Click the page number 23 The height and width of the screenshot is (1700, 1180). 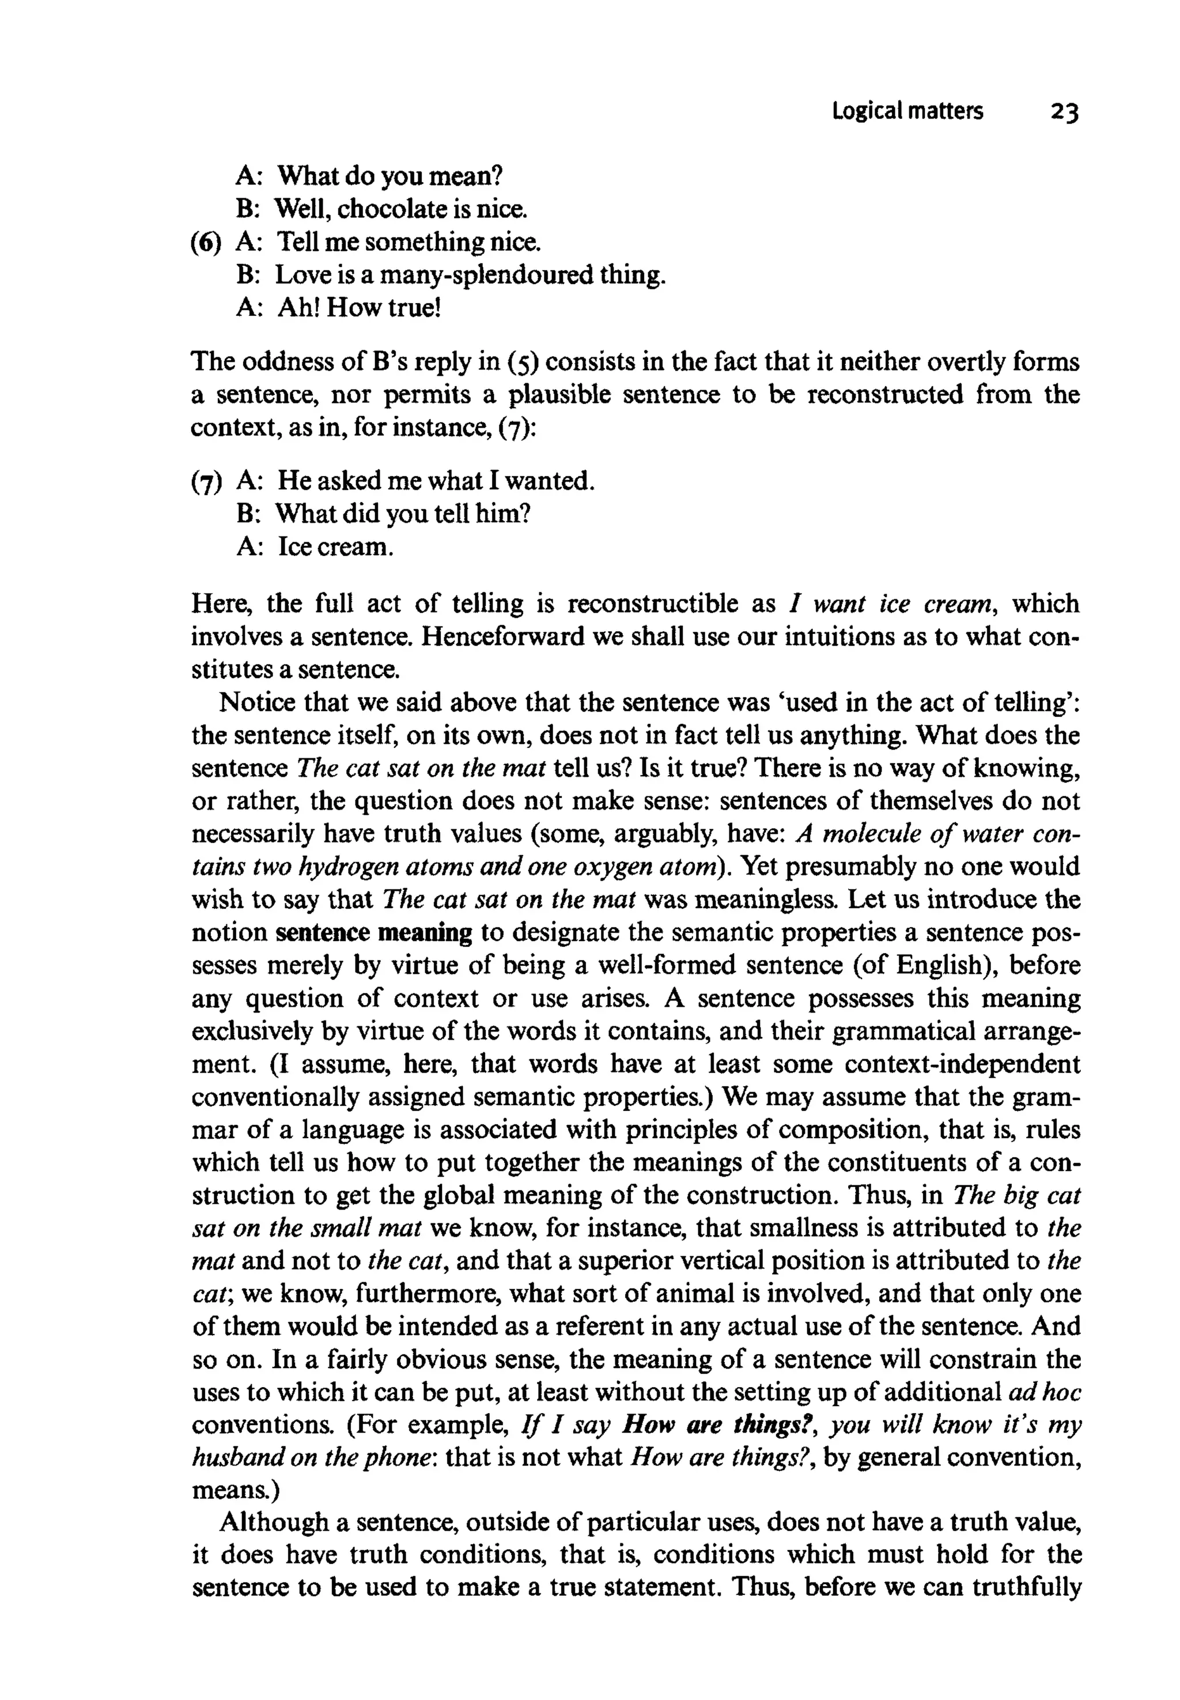(1064, 112)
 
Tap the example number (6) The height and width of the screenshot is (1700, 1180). (206, 243)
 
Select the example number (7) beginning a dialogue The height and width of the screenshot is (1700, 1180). (206, 482)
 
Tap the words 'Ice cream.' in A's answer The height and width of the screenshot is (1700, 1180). (335, 547)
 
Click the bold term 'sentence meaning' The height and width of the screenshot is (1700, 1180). (373, 933)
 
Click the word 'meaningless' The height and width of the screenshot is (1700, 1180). (766, 900)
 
